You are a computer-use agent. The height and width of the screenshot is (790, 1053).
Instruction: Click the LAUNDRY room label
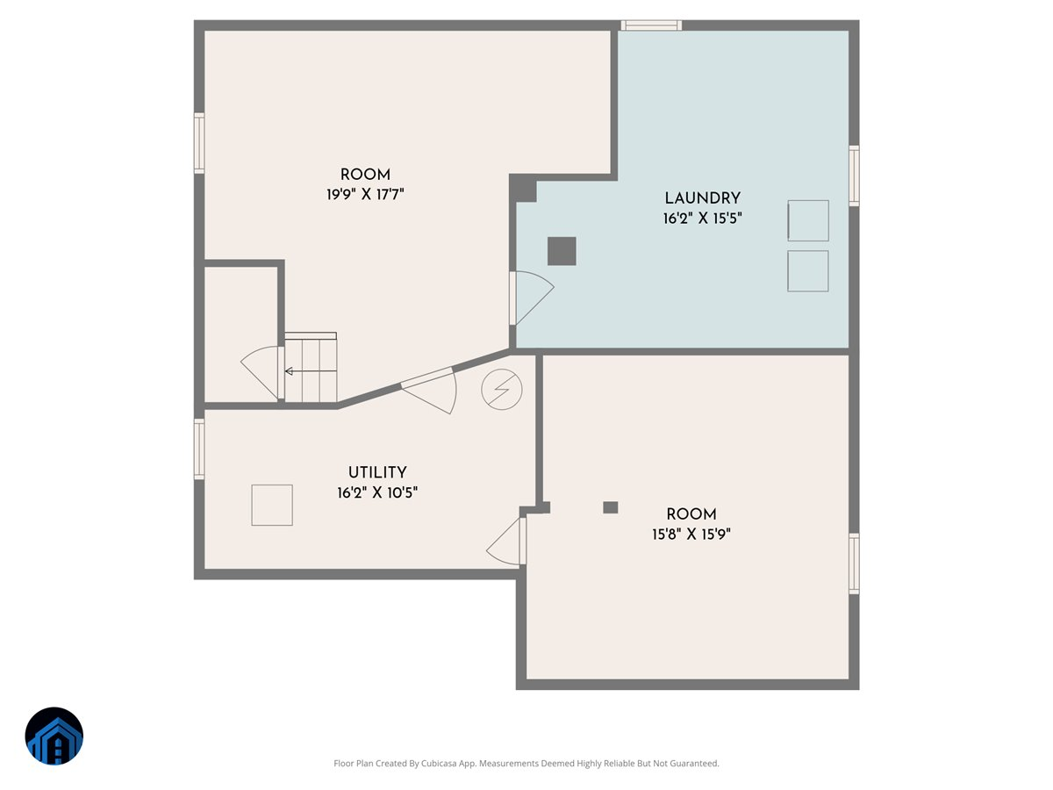pos(702,198)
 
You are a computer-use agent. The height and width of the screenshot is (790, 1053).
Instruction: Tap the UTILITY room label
pos(376,473)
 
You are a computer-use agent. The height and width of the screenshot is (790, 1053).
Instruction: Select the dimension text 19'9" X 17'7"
pos(365,195)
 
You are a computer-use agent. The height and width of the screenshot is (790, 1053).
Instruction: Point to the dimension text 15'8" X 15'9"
pos(691,534)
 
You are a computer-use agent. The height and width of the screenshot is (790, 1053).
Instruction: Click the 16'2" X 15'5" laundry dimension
pos(702,219)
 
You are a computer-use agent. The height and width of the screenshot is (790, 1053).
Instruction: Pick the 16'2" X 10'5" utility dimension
pos(376,493)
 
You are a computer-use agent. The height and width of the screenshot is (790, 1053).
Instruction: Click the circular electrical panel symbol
pos(502,388)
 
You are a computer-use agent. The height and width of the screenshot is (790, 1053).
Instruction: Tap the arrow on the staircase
pos(290,371)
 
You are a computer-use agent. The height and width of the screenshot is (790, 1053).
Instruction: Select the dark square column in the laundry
pos(562,251)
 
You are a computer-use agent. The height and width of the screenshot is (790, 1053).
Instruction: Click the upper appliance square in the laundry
pos(808,220)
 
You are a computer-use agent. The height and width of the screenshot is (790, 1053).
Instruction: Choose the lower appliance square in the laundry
pos(808,271)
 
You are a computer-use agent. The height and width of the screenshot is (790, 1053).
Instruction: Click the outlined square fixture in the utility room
pos(272,505)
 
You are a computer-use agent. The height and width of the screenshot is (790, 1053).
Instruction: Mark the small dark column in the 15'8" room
pos(611,507)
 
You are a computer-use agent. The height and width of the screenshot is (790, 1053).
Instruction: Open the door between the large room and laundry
pos(530,297)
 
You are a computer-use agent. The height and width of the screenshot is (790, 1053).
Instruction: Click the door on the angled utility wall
pos(433,390)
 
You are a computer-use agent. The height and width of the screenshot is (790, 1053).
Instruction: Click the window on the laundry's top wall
pos(651,25)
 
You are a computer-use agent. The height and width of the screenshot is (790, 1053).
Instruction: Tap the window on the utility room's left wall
pos(199,449)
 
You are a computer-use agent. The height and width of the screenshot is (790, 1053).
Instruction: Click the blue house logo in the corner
pos(54,736)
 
